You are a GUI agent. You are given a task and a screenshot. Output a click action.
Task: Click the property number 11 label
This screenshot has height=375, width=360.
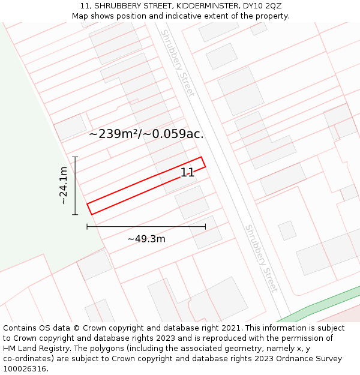[x=187, y=173]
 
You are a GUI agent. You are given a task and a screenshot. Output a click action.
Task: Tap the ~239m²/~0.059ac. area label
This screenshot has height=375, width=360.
[x=146, y=134]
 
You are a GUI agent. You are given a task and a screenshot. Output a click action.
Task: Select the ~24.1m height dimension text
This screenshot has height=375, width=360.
[x=63, y=185]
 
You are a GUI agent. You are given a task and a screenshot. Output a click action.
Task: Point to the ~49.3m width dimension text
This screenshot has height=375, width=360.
[x=146, y=239]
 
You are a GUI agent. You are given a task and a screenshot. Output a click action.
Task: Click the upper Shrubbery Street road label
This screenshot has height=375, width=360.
[x=178, y=63]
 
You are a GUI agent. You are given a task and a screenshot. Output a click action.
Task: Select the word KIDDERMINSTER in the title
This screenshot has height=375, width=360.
[x=196, y=6]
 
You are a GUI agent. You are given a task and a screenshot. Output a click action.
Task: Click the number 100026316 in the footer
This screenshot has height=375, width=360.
[x=25, y=369]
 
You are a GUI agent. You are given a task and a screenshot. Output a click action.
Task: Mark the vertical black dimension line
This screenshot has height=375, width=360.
[x=75, y=185]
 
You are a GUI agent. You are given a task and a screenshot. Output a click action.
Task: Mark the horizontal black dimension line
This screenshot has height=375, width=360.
[x=146, y=226]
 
